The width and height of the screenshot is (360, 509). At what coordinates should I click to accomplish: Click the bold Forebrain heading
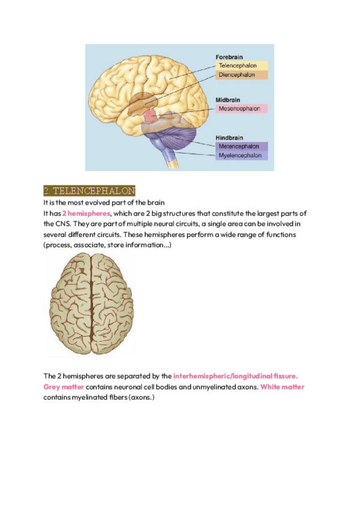(x=229, y=57)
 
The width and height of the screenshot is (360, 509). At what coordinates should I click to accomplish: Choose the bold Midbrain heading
(x=228, y=100)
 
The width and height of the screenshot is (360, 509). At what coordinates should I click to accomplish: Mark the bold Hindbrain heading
(x=229, y=137)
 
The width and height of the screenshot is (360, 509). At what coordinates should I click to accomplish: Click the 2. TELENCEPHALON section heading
(x=89, y=191)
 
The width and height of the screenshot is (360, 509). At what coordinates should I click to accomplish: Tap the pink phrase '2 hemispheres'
(x=86, y=213)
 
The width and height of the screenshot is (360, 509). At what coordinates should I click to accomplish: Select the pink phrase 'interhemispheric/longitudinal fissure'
(x=235, y=376)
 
